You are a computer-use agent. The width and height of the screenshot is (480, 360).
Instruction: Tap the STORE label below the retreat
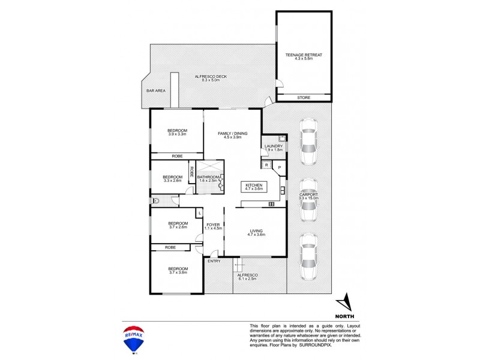pyautogui.click(x=304, y=97)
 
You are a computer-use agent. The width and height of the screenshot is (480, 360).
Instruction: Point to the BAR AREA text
pyautogui.click(x=155, y=91)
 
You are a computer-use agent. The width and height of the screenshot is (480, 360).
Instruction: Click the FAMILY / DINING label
pyautogui.click(x=232, y=135)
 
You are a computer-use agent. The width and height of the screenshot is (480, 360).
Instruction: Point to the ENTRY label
pyautogui.click(x=214, y=261)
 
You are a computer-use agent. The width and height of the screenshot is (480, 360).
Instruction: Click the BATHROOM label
pyautogui.click(x=208, y=178)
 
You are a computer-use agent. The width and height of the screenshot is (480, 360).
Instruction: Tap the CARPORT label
pyautogui.click(x=308, y=196)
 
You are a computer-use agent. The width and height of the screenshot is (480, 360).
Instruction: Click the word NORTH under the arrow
pyautogui.click(x=344, y=316)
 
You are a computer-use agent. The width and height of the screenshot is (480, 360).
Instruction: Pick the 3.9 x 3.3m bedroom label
pyautogui.click(x=177, y=133)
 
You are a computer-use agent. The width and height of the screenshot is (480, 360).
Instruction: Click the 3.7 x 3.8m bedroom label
pyautogui.click(x=178, y=271)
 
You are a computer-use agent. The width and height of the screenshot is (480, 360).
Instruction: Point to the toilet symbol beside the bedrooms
pyautogui.click(x=155, y=202)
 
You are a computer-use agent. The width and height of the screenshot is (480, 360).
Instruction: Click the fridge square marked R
pyautogui.click(x=266, y=165)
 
